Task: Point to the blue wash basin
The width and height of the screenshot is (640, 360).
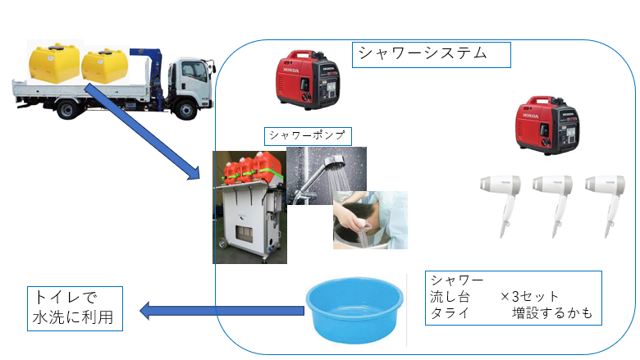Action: [354, 308]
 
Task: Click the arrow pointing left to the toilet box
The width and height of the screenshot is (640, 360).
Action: [222, 311]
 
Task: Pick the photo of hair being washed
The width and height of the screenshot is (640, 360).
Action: [369, 220]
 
